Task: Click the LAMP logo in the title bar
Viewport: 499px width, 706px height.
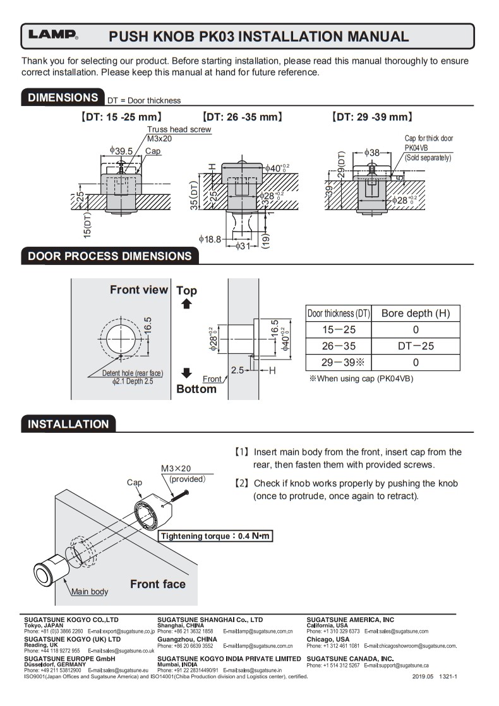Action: tap(52, 36)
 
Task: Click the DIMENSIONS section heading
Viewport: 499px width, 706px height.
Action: tap(61, 98)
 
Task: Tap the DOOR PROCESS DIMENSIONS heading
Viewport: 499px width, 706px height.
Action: tap(109, 256)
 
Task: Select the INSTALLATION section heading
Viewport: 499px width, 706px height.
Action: tap(68, 424)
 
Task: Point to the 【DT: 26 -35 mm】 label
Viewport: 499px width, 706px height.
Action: tap(241, 117)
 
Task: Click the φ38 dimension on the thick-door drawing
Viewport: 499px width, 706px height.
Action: tap(373, 152)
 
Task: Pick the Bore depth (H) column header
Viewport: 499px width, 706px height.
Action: tap(415, 314)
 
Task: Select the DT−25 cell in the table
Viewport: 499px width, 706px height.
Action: tap(415, 346)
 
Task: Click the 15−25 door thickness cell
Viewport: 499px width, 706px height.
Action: tap(339, 329)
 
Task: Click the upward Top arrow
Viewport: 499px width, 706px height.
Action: tap(186, 304)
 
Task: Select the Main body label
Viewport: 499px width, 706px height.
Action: tap(89, 591)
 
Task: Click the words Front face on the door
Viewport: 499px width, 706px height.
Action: tap(158, 584)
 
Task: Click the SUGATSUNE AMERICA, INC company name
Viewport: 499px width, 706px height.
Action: tap(350, 620)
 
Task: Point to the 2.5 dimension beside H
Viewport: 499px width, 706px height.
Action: tap(237, 370)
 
